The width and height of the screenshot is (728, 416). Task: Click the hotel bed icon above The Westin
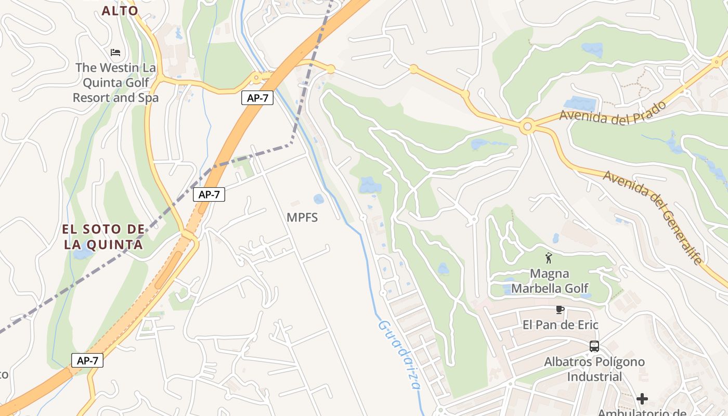click(115, 52)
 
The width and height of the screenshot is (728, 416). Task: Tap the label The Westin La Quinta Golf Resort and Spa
click(115, 82)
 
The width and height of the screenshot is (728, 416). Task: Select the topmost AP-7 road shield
click(257, 97)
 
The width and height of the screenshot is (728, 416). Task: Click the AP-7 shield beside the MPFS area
click(209, 194)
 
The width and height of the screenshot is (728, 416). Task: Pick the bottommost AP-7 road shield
click(87, 360)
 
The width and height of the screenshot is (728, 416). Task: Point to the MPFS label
click(302, 217)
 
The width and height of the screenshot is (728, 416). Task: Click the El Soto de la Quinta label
click(103, 237)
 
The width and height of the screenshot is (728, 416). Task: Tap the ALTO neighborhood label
click(120, 10)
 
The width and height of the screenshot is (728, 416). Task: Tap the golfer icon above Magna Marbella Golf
click(548, 257)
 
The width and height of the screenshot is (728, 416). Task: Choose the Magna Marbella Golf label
click(550, 281)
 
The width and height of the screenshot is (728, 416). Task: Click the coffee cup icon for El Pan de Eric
click(560, 310)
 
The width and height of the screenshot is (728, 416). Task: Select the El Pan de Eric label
click(561, 325)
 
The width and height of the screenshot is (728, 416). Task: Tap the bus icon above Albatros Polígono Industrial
click(594, 346)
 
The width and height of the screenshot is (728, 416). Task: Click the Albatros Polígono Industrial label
click(594, 369)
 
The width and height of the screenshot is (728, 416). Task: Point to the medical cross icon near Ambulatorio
click(642, 399)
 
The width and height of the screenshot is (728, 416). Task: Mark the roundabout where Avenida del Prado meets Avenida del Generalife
click(528, 126)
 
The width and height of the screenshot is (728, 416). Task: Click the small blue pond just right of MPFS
click(319, 199)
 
